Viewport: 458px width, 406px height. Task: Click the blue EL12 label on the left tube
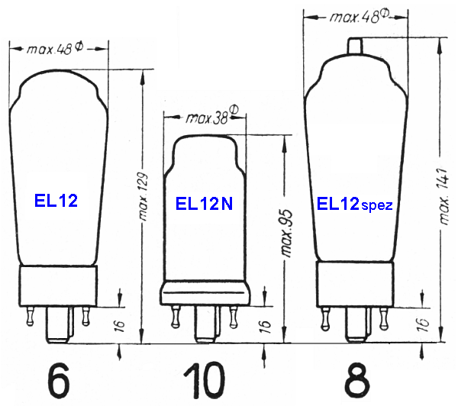57,201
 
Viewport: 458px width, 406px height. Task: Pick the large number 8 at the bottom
355,379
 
